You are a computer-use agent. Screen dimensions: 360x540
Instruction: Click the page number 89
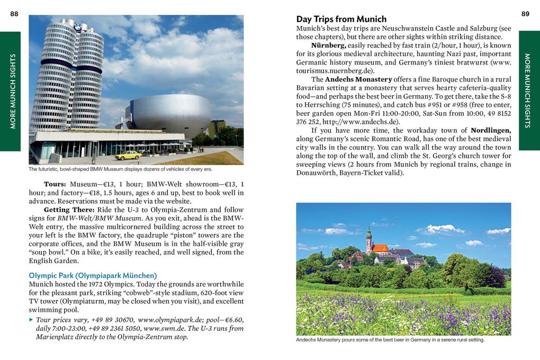pos(525,14)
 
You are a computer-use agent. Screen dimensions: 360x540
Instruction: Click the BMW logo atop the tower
pos(78,28)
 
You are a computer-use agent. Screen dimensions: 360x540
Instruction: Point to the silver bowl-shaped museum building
pos(168,115)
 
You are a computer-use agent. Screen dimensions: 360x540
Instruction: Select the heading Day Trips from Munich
pos(341,19)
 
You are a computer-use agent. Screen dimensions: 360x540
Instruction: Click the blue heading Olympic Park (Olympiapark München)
pos(93,275)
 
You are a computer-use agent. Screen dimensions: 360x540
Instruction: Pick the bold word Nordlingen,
pos(491,130)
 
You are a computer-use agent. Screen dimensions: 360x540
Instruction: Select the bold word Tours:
pos(55,184)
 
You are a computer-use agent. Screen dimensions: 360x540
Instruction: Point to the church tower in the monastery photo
pos(368,241)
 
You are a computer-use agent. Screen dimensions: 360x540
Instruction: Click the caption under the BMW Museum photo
pos(120,169)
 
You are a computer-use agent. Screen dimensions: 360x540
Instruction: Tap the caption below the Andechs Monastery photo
pos(390,340)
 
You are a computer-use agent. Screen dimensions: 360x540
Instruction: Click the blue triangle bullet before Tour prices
pos(31,320)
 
